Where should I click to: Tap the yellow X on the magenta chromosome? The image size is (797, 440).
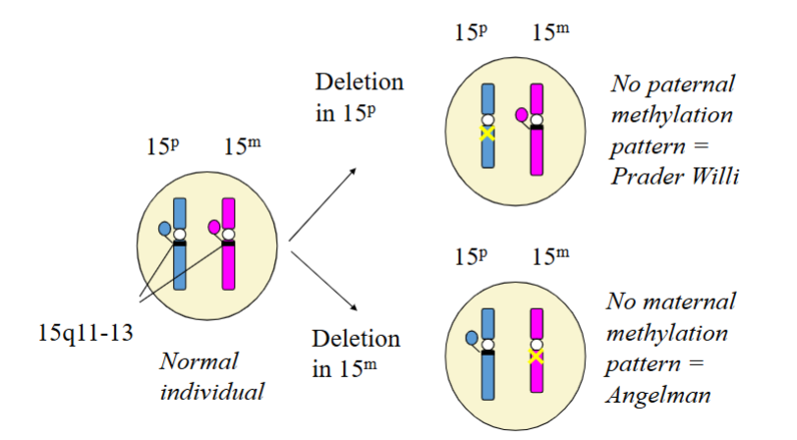click(536, 357)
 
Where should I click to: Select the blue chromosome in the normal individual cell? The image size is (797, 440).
click(179, 270)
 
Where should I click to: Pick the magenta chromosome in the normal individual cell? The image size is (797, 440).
click(229, 270)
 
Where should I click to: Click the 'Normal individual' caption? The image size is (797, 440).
click(212, 374)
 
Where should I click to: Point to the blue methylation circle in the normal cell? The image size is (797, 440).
click(165, 229)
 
